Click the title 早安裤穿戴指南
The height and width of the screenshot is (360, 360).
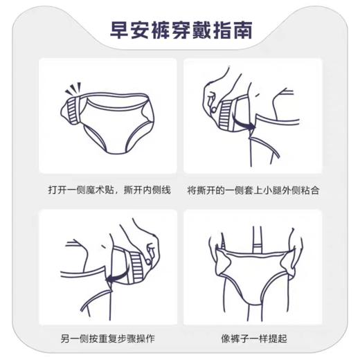(x=181, y=31)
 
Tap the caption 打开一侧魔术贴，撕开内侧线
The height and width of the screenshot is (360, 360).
(x=108, y=189)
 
